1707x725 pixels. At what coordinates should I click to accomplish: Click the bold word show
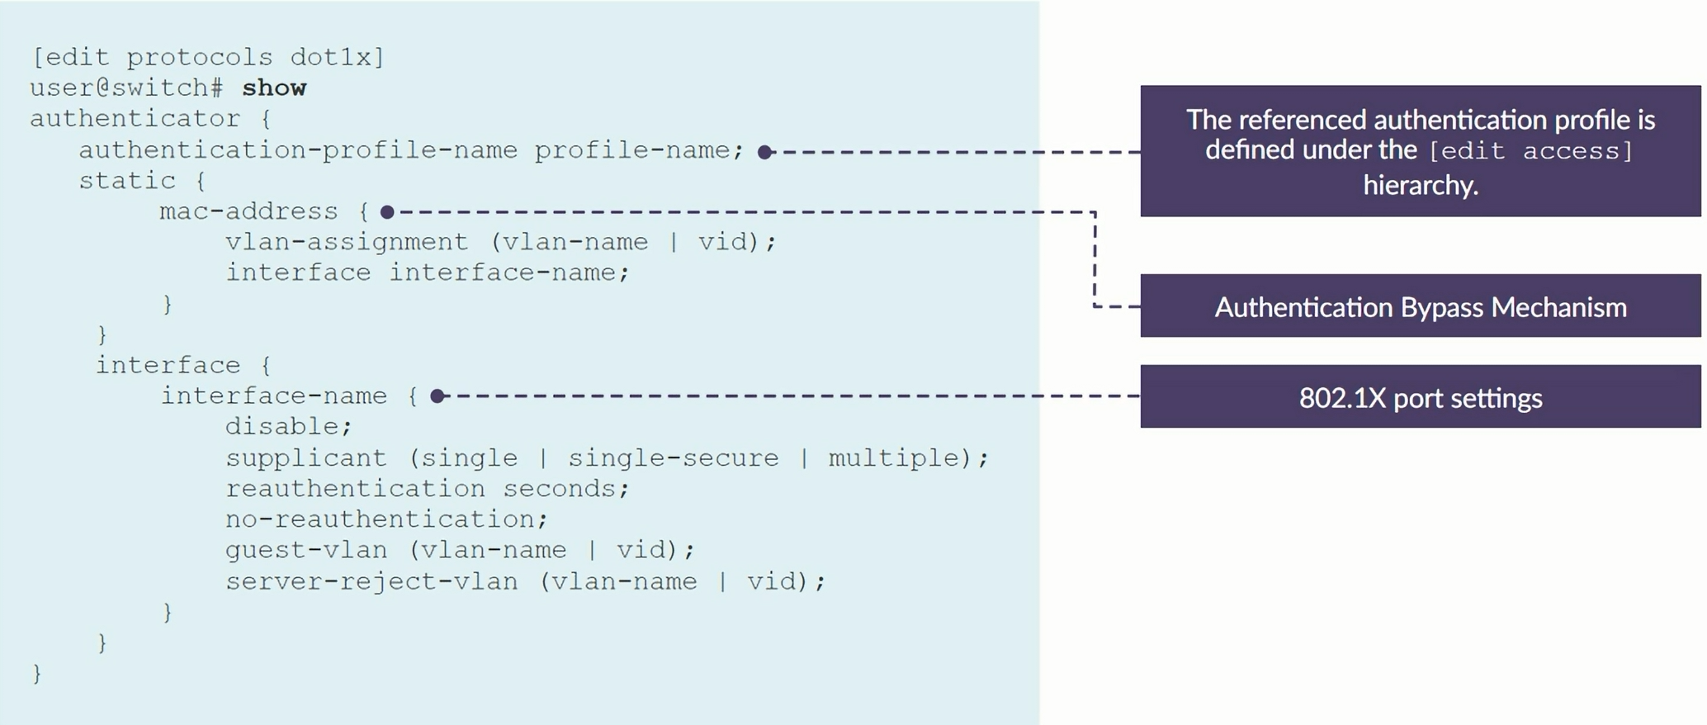pos(274,88)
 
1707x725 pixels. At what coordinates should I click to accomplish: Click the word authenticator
pos(135,118)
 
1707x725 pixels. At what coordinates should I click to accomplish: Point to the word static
pos(127,180)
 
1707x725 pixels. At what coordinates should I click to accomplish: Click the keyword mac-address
pos(248,211)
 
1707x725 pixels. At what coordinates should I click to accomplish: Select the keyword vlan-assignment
pos(347,242)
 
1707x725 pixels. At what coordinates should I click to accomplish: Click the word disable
pos(288,426)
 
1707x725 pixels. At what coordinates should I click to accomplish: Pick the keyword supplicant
pos(305,457)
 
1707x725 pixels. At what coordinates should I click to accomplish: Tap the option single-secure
pos(673,457)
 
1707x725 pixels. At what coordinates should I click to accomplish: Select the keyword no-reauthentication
pos(385,519)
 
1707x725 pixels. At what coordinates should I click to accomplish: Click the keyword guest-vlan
pos(305,549)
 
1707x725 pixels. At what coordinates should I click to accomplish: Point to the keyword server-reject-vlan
pos(371,581)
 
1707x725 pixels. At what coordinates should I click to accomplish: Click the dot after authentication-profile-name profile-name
pos(765,152)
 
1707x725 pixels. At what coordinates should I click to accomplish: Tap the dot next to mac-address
pos(387,212)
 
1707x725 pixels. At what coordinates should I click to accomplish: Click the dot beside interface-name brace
pos(438,396)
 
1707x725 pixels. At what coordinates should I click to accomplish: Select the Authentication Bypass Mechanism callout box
pos(1420,306)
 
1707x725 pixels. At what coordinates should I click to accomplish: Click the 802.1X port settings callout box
pos(1420,397)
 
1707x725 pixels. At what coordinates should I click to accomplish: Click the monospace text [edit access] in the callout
pos(1530,151)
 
